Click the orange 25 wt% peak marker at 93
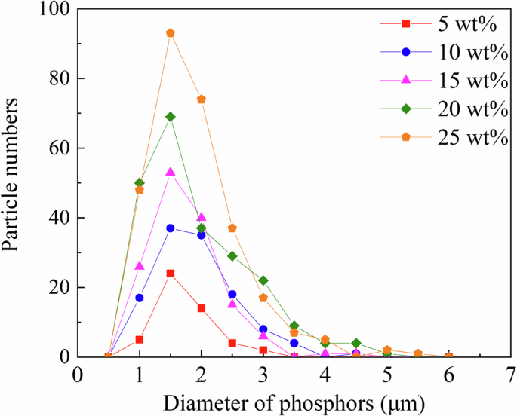tap(171, 33)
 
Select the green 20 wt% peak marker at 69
tap(171, 117)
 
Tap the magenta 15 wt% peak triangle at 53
tap(171, 172)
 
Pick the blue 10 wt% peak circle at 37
tap(171, 228)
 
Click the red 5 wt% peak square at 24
tap(171, 273)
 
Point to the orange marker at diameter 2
tap(202, 99)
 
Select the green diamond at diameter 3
tap(263, 280)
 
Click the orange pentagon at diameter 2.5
tap(232, 228)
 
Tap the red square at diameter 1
tap(140, 339)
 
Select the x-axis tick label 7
tap(511, 375)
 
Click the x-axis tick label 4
tap(325, 375)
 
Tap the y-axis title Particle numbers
tap(17, 183)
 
